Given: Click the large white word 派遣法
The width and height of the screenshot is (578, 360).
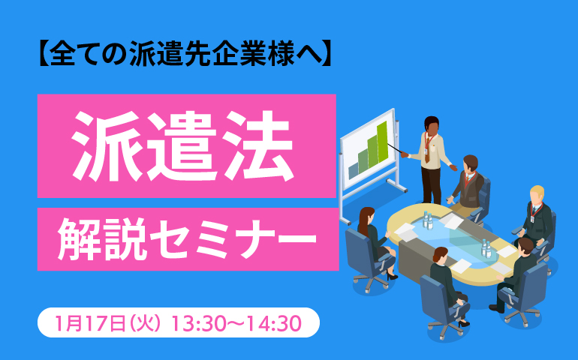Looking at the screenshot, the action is click(x=182, y=146).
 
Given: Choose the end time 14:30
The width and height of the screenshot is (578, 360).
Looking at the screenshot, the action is click(x=273, y=323).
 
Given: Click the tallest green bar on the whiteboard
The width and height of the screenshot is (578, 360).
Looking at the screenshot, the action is click(x=382, y=142).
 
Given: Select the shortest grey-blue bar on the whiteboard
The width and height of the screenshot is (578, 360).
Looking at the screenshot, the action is click(x=353, y=171).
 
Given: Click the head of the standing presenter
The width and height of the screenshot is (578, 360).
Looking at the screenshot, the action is click(x=432, y=125).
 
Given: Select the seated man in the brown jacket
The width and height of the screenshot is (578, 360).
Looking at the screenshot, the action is click(x=468, y=184).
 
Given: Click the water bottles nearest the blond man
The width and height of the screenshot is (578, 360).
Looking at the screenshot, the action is click(x=486, y=248).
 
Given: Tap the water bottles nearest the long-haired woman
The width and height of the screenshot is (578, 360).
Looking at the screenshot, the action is click(x=428, y=220).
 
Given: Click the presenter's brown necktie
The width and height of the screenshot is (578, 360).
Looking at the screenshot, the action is click(x=427, y=150).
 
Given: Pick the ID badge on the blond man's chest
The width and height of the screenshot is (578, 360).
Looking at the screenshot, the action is click(x=532, y=219).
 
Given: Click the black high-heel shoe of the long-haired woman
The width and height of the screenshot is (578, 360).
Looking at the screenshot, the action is click(x=392, y=276).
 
